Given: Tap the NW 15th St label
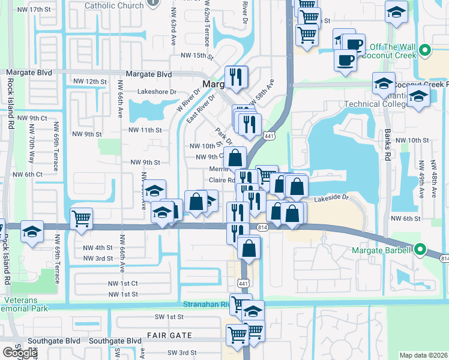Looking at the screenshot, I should (x=197, y=56).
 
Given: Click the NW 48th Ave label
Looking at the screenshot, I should (x=435, y=175).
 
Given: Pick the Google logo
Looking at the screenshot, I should (x=20, y=353).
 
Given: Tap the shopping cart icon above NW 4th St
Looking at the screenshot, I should (x=81, y=218).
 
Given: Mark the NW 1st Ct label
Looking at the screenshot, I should (x=122, y=283).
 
